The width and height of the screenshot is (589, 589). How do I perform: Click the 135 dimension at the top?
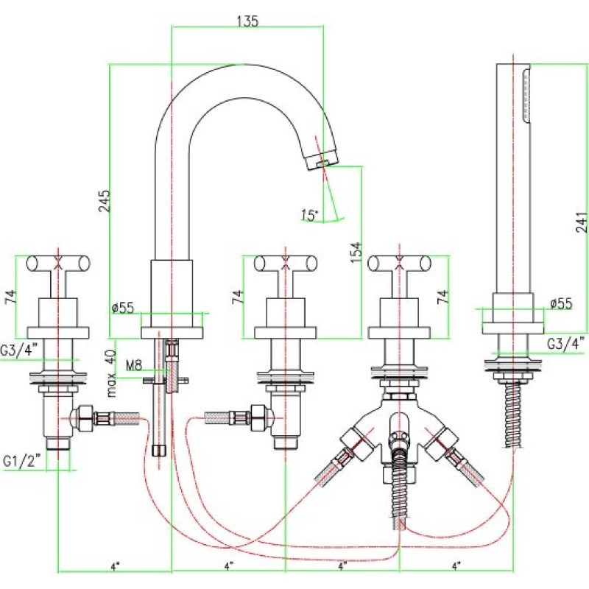pyautogui.click(x=248, y=21)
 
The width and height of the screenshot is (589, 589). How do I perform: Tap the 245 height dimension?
pyautogui.click(x=105, y=200)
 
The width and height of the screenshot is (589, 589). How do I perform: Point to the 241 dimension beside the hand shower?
pyautogui.click(x=582, y=222)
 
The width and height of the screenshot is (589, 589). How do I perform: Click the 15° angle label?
pyautogui.click(x=309, y=215)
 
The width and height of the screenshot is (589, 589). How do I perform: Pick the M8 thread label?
pyautogui.click(x=134, y=365)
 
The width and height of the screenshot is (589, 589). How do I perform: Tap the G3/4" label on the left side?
pyautogui.click(x=19, y=350)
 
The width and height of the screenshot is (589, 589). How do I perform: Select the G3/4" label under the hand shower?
pyautogui.click(x=566, y=343)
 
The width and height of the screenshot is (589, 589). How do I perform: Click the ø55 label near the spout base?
pyautogui.click(x=123, y=308)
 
